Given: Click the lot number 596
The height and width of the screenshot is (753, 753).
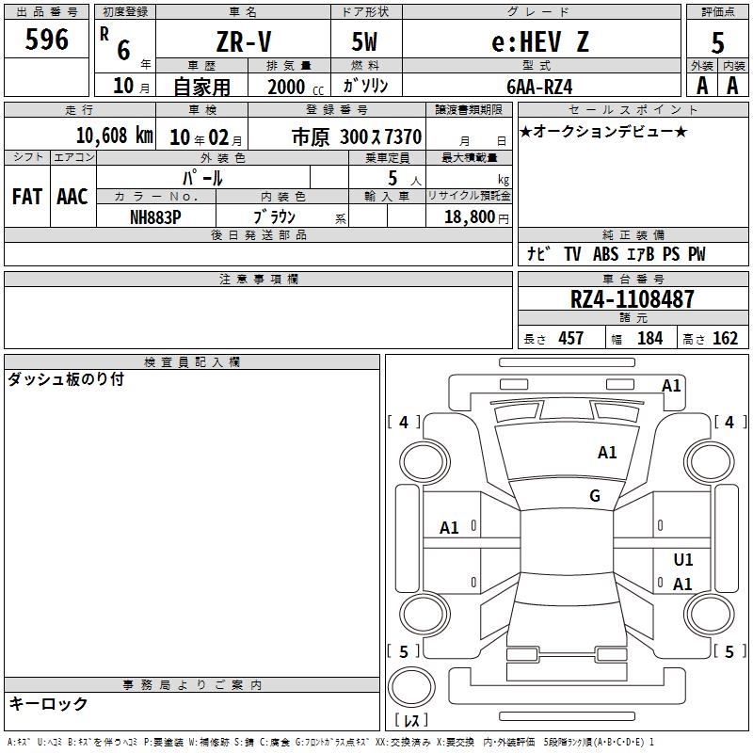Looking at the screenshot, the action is pyautogui.click(x=46, y=40).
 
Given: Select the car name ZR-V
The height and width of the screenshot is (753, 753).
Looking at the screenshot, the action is pyautogui.click(x=244, y=41).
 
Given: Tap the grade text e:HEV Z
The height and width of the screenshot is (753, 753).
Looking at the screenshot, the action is pyautogui.click(x=539, y=41).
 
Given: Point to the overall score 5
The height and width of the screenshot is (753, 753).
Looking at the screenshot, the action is pyautogui.click(x=717, y=42).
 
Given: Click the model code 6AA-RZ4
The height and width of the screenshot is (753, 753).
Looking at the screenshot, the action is pyautogui.click(x=539, y=87).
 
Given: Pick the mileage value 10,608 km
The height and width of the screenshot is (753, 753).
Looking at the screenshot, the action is pyautogui.click(x=114, y=136).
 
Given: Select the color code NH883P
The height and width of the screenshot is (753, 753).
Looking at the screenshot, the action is pyautogui.click(x=155, y=217).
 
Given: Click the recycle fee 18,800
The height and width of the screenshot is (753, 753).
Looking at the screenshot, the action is pyautogui.click(x=469, y=217).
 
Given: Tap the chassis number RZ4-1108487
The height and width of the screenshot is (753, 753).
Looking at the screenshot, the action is pyautogui.click(x=632, y=299).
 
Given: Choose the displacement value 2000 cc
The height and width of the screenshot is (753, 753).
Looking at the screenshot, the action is pyautogui.click(x=296, y=87).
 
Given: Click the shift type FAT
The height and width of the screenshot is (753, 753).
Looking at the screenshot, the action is pyautogui.click(x=27, y=197).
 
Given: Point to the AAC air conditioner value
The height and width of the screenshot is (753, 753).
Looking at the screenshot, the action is pyautogui.click(x=72, y=197).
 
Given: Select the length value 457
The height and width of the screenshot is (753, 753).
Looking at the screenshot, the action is pyautogui.click(x=570, y=338).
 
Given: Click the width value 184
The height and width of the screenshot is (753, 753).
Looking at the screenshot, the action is pyautogui.click(x=649, y=338).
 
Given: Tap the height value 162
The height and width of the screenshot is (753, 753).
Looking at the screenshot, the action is pyautogui.click(x=725, y=338).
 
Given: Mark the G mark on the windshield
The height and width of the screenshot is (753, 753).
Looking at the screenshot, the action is pyautogui.click(x=595, y=496).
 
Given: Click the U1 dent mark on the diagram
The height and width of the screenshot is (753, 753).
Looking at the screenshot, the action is pyautogui.click(x=683, y=559).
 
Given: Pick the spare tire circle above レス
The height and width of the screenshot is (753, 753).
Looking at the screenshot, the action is pyautogui.click(x=411, y=687).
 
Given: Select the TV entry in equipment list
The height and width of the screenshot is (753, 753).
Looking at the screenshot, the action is pyautogui.click(x=572, y=254).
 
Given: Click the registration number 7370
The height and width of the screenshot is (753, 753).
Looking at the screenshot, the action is pyautogui.click(x=404, y=137).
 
